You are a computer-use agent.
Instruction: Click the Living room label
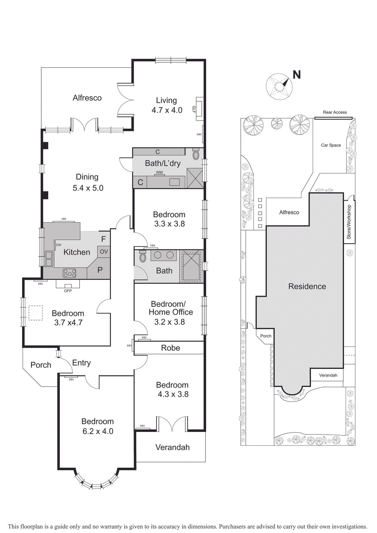(166, 101)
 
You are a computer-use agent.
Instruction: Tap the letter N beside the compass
(297, 75)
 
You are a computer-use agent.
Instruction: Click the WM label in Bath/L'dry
(160, 172)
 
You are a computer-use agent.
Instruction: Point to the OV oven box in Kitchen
(104, 252)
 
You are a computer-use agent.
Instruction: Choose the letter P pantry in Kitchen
(100, 270)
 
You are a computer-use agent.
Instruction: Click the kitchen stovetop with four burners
(70, 273)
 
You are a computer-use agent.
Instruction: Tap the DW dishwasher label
(59, 245)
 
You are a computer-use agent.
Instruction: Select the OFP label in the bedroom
(68, 291)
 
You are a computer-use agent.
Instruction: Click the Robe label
(170, 348)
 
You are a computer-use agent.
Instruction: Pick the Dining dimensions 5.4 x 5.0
(88, 188)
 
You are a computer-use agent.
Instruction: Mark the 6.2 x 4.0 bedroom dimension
(98, 431)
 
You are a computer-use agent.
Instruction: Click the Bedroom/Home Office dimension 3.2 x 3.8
(170, 322)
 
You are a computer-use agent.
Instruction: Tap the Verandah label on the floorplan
(173, 447)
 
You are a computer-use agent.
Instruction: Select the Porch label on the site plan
(266, 336)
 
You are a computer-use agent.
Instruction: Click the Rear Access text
(335, 112)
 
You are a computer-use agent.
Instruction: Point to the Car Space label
(331, 145)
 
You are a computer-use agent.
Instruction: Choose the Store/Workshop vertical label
(349, 222)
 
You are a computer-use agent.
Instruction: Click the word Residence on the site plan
(307, 286)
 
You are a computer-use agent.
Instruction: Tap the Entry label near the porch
(81, 363)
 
